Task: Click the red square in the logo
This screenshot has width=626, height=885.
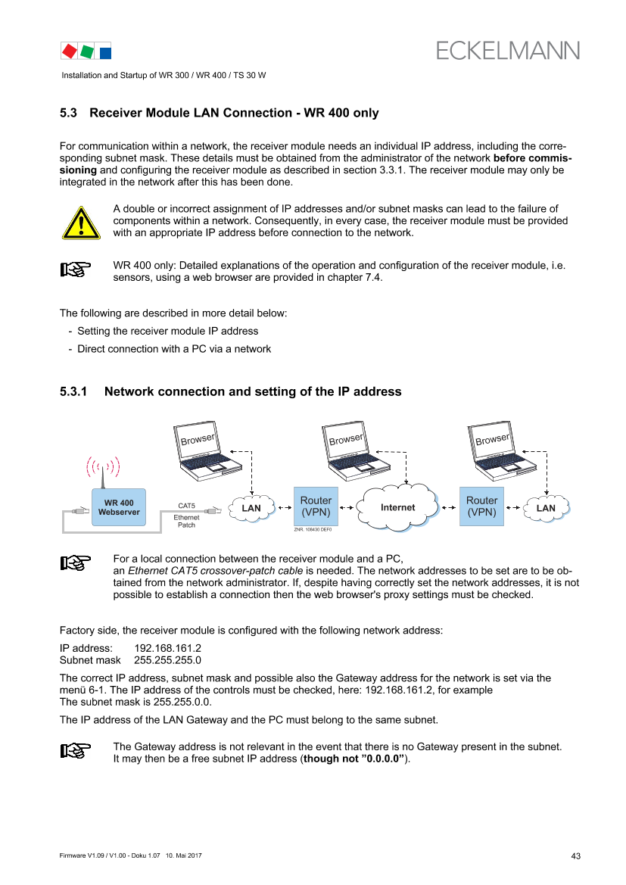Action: click(x=70, y=51)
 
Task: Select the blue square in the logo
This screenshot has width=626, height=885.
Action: click(x=105, y=52)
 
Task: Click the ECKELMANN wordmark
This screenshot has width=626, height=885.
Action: click(x=508, y=50)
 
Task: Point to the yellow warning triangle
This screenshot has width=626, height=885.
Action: click(x=80, y=223)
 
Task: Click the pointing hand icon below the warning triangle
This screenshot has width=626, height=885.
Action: click(x=76, y=269)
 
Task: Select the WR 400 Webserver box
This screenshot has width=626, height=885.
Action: click(x=119, y=506)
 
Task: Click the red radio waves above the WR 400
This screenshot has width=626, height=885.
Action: click(x=103, y=466)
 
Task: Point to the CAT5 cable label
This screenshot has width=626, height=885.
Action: click(x=186, y=505)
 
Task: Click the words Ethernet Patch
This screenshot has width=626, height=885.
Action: click(x=186, y=521)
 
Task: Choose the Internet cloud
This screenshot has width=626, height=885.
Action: click(x=398, y=507)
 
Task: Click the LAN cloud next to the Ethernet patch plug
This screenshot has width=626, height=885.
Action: click(x=251, y=508)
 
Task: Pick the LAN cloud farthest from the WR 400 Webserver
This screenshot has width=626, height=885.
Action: click(x=545, y=508)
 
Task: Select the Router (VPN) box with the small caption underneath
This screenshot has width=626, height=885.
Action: click(x=316, y=506)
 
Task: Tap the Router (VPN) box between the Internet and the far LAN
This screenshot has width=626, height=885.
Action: click(x=481, y=506)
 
